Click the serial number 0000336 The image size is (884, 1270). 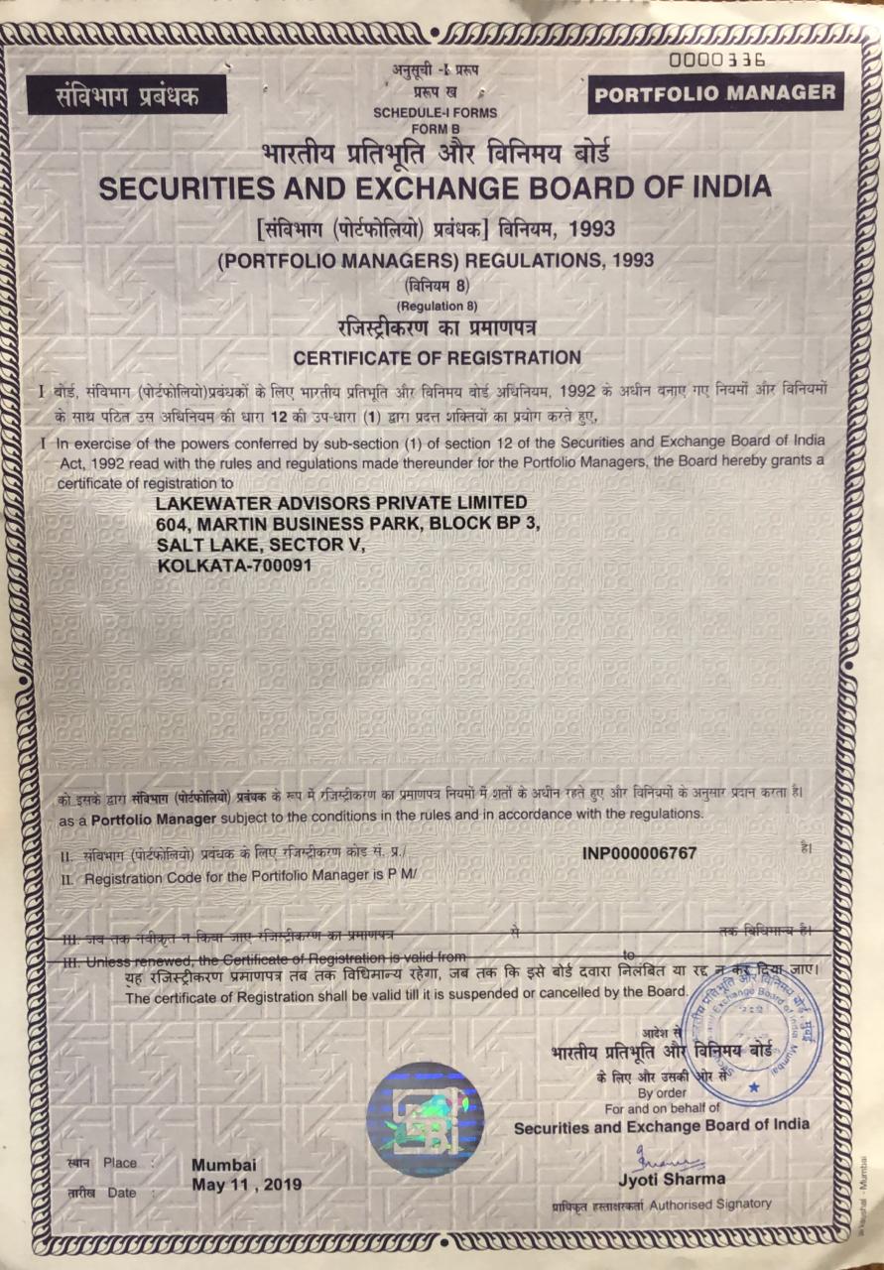[x=717, y=60]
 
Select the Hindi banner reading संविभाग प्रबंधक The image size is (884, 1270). [x=128, y=97]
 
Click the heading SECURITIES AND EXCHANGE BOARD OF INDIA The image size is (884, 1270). [x=442, y=187]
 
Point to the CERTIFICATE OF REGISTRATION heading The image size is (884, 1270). [x=438, y=356]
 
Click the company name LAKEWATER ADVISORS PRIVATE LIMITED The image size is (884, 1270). [x=342, y=503]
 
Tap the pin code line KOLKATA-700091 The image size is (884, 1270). [x=235, y=565]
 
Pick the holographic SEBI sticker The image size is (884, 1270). [x=425, y=1119]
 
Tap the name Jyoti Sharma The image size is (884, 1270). [x=671, y=1180]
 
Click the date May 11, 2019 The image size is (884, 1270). [x=247, y=1184]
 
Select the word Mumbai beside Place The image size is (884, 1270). [x=223, y=1164]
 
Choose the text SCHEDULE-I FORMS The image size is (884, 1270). [x=436, y=113]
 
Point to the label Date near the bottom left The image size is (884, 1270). [x=121, y=1193]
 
